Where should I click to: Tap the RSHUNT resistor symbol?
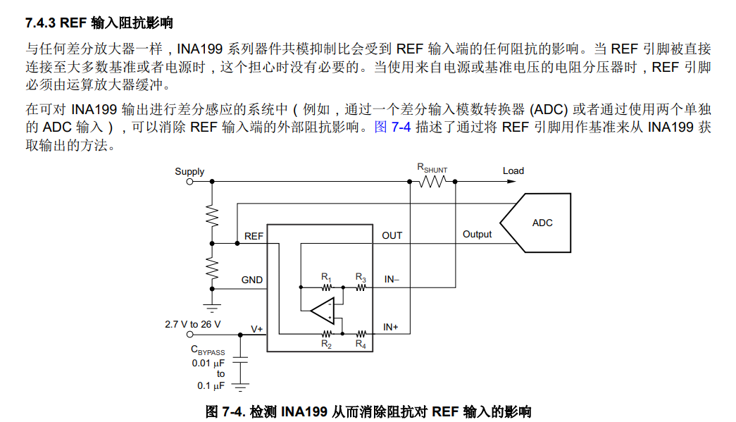pyautogui.click(x=432, y=181)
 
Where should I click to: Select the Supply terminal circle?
pyautogui.click(x=189, y=182)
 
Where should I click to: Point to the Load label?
pyautogui.click(x=513, y=171)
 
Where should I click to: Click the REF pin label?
pyautogui.click(x=254, y=236)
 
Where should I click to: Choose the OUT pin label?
pyautogui.click(x=392, y=235)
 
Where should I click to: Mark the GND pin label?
pyautogui.click(x=252, y=280)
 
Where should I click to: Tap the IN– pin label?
pyautogui.click(x=392, y=279)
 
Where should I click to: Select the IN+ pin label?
pyautogui.click(x=390, y=327)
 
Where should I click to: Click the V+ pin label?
pyautogui.click(x=257, y=329)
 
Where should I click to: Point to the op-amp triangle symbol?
pyautogui.click(x=323, y=310)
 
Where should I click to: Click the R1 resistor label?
pyautogui.click(x=326, y=278)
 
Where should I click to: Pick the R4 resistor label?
pyautogui.click(x=361, y=344)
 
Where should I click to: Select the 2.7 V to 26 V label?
pyautogui.click(x=192, y=324)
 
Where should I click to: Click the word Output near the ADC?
pyautogui.click(x=477, y=234)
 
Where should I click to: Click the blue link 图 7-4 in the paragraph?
pyautogui.click(x=392, y=127)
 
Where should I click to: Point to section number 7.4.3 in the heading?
pyautogui.click(x=41, y=23)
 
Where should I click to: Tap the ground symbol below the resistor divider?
pyautogui.click(x=212, y=309)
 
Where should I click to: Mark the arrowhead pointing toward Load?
pyautogui.click(x=511, y=181)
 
